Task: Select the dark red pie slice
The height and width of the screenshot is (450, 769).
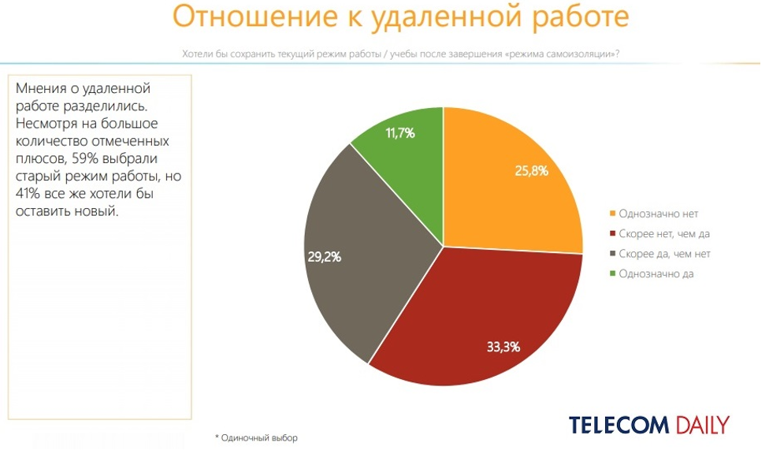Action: click(x=473, y=323)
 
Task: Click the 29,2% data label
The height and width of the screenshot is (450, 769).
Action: click(x=323, y=256)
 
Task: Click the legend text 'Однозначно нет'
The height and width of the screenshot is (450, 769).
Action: click(x=659, y=214)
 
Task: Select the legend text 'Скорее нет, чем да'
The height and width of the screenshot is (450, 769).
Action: click(x=665, y=234)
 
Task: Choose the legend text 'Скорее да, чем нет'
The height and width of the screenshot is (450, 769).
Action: click(x=665, y=254)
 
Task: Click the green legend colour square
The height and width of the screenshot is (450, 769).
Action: click(x=612, y=273)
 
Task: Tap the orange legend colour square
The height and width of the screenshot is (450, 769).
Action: click(x=612, y=214)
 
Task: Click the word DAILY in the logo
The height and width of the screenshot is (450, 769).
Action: click(x=700, y=425)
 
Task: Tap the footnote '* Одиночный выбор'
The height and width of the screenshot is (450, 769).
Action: click(x=257, y=438)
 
